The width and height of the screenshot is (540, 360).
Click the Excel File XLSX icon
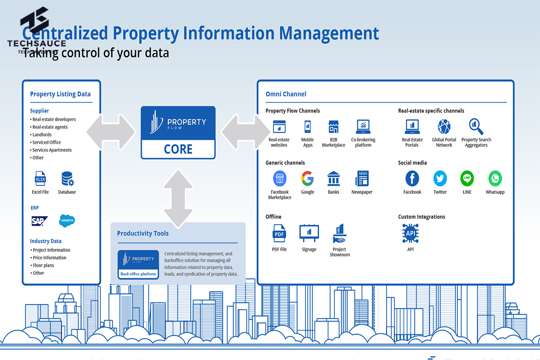click(x=40, y=180)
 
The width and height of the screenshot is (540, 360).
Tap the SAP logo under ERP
click(x=40, y=220)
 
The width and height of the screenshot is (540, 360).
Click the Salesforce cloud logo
click(x=67, y=220)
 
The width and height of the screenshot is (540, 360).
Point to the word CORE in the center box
click(x=178, y=149)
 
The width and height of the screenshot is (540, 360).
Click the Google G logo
click(x=307, y=179)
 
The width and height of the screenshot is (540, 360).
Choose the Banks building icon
click(x=333, y=179)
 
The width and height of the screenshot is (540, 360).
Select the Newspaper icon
click(x=362, y=179)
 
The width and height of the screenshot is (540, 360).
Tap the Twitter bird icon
click(x=440, y=179)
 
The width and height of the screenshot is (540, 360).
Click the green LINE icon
click(x=467, y=179)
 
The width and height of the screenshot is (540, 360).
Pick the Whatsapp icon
click(x=495, y=179)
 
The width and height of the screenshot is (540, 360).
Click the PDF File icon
click(x=279, y=234)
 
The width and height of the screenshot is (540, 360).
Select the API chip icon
click(x=410, y=234)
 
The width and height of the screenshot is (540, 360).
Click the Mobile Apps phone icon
click(x=308, y=127)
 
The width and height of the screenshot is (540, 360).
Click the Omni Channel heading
click(x=286, y=94)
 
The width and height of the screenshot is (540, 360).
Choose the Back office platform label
click(x=138, y=274)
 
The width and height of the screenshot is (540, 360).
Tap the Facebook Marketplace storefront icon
click(x=279, y=179)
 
